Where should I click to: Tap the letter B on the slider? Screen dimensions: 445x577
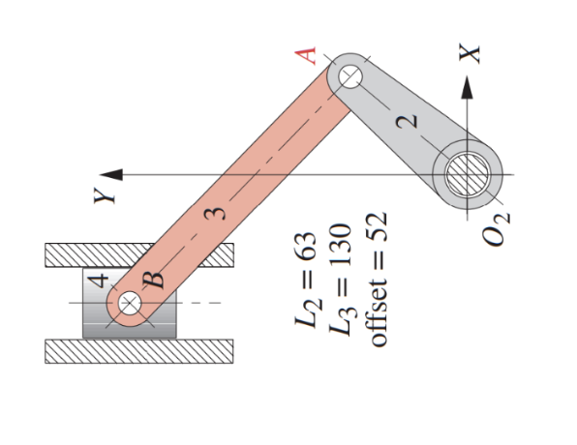click(157, 283)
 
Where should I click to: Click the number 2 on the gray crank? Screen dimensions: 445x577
click(410, 121)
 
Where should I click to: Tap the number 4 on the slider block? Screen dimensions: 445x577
click(100, 282)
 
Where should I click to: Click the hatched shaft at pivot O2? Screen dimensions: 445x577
click(471, 176)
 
